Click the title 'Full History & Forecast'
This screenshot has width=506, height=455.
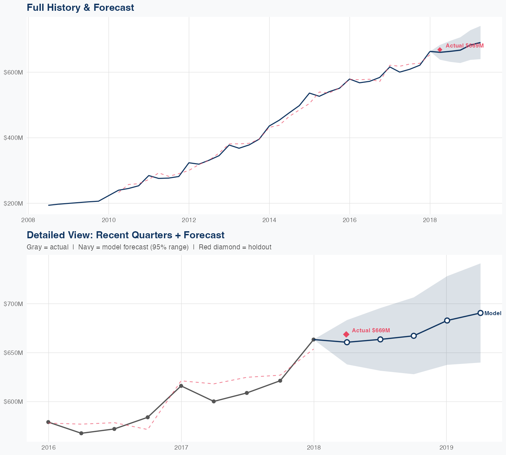coord(80,8)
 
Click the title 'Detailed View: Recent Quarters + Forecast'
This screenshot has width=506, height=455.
coord(125,235)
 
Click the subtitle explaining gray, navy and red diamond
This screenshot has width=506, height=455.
coord(149,247)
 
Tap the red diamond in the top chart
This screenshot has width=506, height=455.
coord(440,50)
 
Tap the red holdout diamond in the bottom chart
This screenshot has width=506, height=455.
coord(346,334)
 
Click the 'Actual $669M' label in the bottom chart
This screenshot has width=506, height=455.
coord(371,331)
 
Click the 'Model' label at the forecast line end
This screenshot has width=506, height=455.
coord(493,313)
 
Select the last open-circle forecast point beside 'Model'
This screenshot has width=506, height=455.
coord(481,313)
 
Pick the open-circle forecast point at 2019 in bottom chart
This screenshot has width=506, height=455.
coord(447,321)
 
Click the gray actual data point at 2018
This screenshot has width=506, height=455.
coord(314,339)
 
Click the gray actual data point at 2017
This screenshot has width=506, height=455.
coord(181,386)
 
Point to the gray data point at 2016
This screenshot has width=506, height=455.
coord(48,422)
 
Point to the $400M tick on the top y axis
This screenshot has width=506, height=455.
coord(13,138)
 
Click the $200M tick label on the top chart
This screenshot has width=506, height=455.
coord(13,204)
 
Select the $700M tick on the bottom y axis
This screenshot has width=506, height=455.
coord(13,304)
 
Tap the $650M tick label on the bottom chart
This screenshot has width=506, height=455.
coord(13,353)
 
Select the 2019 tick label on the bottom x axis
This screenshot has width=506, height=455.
coord(447,448)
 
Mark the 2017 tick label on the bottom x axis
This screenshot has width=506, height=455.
coord(181,448)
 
